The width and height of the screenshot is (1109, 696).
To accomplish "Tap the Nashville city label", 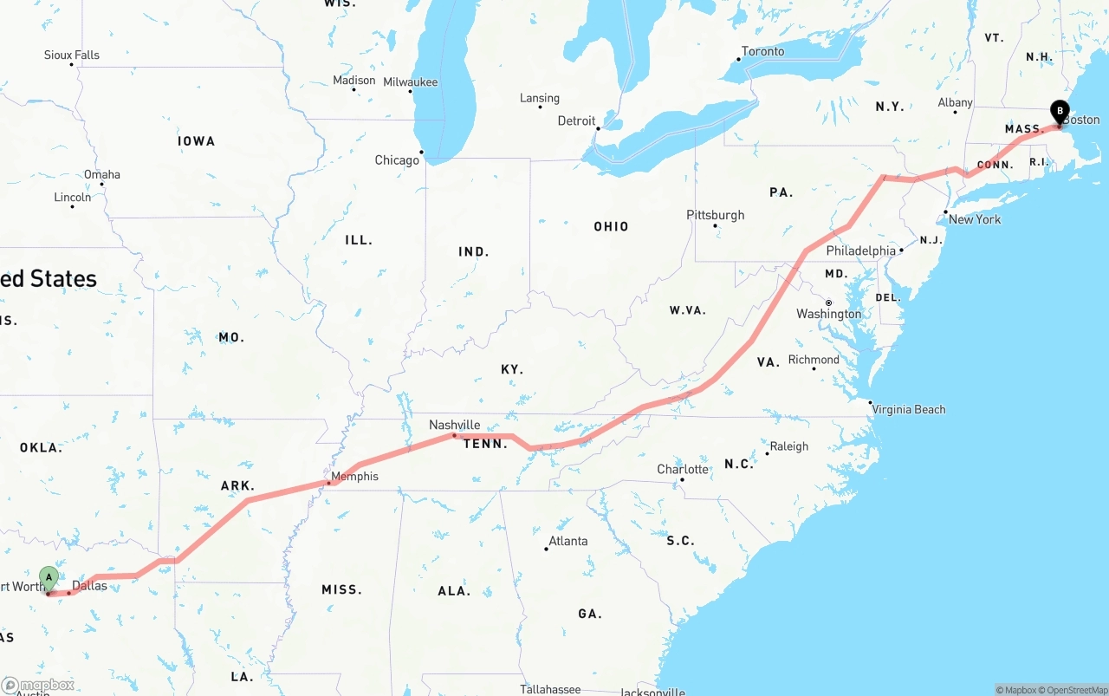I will [455, 425].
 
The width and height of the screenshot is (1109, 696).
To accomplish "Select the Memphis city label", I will [354, 476].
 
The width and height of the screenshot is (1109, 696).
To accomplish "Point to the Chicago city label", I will [397, 160].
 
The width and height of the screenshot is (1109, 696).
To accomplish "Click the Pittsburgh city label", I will [716, 215].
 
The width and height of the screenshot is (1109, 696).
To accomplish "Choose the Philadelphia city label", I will [860, 250].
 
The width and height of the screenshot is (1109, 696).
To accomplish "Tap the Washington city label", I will [829, 314].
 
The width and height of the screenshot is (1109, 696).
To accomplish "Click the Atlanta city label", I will [568, 541].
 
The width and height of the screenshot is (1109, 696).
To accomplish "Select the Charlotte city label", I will [683, 469].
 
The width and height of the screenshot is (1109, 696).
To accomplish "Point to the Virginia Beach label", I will [909, 409].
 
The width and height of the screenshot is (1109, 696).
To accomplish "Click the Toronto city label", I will [763, 51].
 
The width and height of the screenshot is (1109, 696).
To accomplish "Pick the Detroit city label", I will [576, 120].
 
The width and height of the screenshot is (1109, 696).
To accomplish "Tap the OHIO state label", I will [611, 226].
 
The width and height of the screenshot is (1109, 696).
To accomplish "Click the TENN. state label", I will [485, 444].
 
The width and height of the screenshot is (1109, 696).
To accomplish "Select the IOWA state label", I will [196, 141].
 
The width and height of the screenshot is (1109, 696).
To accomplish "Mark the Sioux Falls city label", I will [72, 55].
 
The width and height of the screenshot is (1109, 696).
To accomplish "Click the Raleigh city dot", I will [767, 453].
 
